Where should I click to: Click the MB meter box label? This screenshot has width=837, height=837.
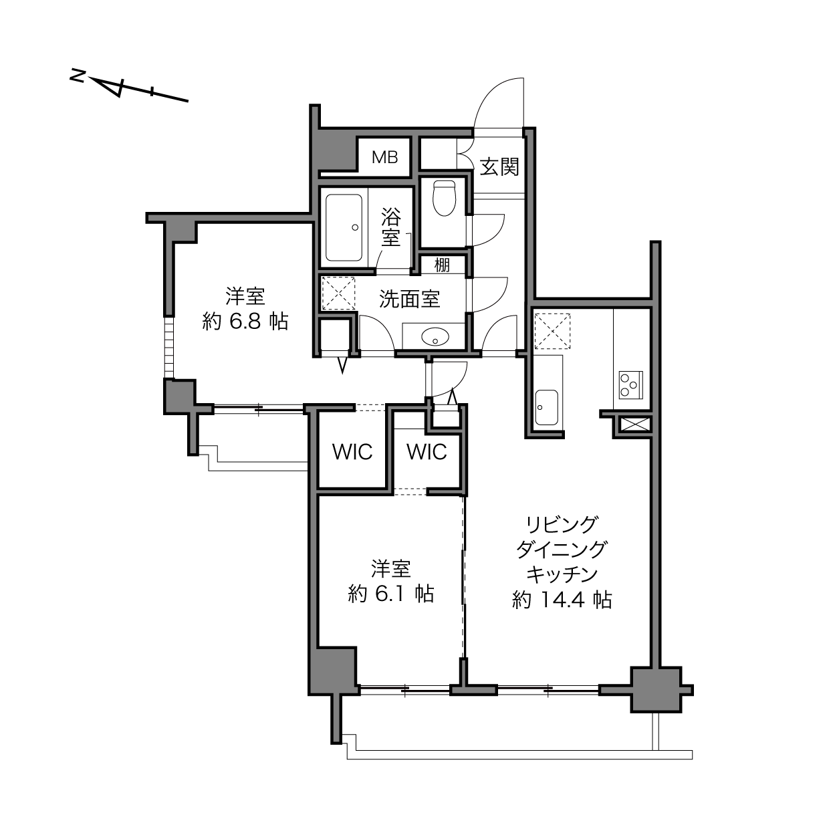click(385, 157)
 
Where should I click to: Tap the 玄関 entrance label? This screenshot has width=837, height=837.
click(499, 166)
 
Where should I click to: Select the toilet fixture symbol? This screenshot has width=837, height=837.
click(444, 198)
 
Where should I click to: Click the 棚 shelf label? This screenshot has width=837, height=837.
click(442, 265)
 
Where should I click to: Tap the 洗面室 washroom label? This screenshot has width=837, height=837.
click(410, 299)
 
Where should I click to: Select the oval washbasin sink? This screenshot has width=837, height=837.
click(436, 337)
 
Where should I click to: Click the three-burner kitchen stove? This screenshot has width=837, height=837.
click(630, 385)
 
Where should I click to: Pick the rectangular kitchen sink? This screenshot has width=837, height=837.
click(546, 407)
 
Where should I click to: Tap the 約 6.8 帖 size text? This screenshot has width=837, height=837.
click(245, 322)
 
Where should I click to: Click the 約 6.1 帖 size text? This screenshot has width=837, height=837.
click(391, 594)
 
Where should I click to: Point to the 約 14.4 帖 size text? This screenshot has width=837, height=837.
click(562, 600)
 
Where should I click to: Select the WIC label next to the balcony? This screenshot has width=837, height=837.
click(352, 452)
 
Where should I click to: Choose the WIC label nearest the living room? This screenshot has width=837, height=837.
click(427, 452)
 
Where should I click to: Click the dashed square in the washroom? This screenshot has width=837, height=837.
click(338, 293)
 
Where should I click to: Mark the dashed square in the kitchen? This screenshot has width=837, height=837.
click(552, 331)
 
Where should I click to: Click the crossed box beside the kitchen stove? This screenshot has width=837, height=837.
click(634, 424)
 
